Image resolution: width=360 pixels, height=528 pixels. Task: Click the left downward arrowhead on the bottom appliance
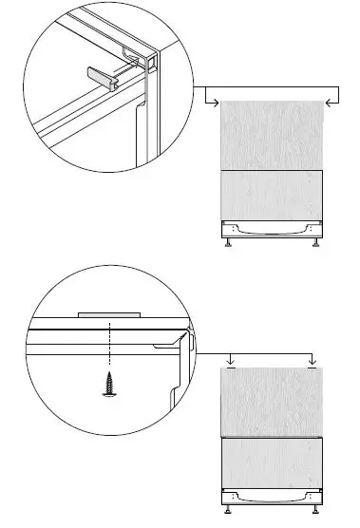pos(230,361)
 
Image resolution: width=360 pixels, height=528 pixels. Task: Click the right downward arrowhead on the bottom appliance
pos(313,361)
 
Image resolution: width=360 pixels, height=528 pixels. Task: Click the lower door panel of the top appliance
pos(272,196)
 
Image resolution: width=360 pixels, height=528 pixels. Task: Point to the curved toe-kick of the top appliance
pos(272,229)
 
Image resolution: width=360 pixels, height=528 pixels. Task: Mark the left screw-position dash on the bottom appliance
pos(230,369)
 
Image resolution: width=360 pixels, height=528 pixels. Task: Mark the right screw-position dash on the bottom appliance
pos(313,369)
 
